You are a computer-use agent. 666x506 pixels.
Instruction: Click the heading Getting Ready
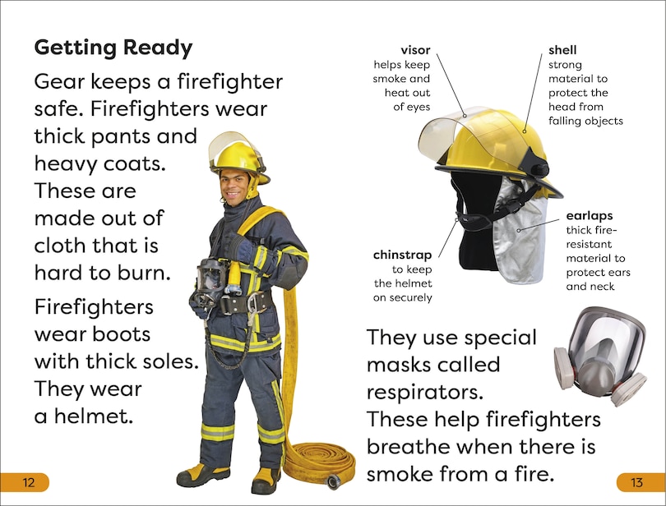coord(113,48)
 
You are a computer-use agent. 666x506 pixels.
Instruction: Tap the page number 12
coord(28,482)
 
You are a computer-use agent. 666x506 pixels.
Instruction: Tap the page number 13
coord(636,482)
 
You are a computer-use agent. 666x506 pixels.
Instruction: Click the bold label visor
coord(415,50)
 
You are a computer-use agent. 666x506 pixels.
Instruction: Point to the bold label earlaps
coord(589,216)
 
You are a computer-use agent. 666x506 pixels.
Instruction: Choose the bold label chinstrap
coord(402,254)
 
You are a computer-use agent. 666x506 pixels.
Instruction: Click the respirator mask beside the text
coord(599,354)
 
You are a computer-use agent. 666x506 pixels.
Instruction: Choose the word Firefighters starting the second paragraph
coord(94,307)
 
